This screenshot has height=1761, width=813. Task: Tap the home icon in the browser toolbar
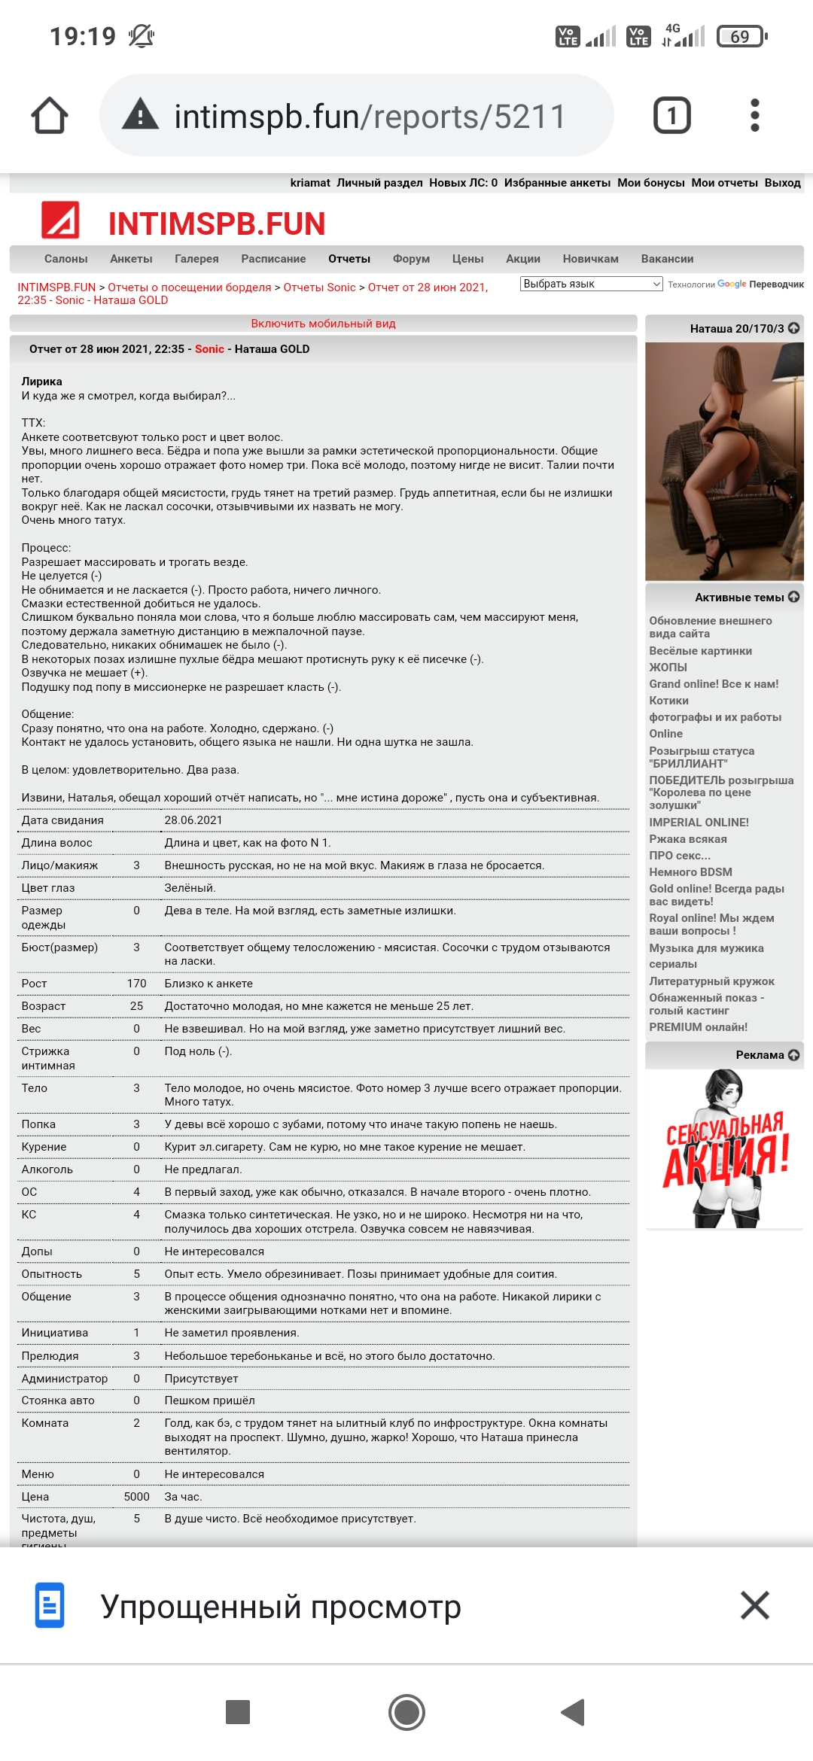(x=50, y=116)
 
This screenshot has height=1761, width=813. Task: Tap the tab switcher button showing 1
(x=671, y=116)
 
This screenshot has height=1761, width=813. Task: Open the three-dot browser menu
(x=755, y=116)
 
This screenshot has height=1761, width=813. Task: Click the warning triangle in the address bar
(x=141, y=116)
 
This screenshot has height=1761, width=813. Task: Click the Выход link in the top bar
(x=782, y=183)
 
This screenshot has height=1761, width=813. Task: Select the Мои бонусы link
(x=650, y=183)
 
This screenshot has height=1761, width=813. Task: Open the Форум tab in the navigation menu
(x=411, y=259)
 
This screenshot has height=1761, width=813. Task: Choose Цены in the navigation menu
(x=467, y=259)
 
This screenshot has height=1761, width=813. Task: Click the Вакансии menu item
(x=667, y=259)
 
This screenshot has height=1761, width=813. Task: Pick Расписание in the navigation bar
(x=273, y=259)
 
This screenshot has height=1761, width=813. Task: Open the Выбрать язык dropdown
(x=591, y=284)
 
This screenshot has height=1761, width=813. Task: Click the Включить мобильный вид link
(x=323, y=324)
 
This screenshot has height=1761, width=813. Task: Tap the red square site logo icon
(x=60, y=221)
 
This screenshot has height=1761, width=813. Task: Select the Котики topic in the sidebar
(x=668, y=701)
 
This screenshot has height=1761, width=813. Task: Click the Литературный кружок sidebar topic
(x=711, y=981)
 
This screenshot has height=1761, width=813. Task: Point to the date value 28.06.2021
(x=193, y=820)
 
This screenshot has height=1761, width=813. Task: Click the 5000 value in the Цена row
(x=136, y=1497)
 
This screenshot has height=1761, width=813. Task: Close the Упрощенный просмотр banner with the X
(x=754, y=1605)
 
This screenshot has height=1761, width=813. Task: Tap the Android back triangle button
(x=574, y=1712)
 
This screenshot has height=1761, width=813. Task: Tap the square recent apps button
(x=238, y=1712)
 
